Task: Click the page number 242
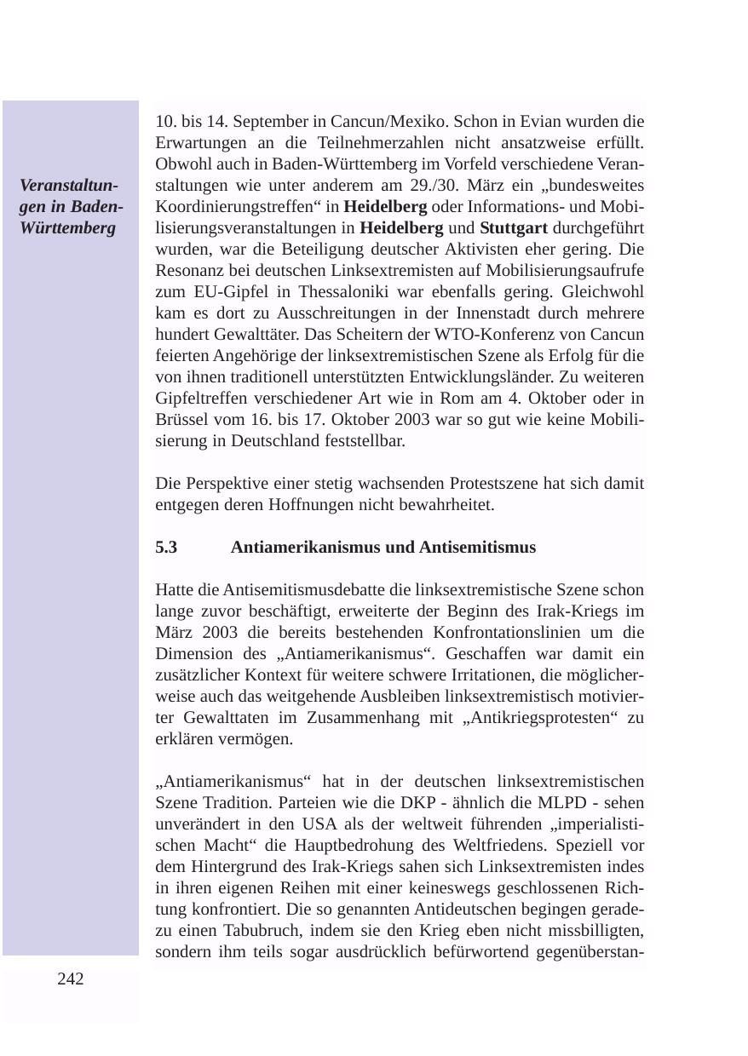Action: pos(71,979)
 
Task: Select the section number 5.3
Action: pos(166,548)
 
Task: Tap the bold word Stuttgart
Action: pos(514,228)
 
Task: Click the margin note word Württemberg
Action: pos(67,228)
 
